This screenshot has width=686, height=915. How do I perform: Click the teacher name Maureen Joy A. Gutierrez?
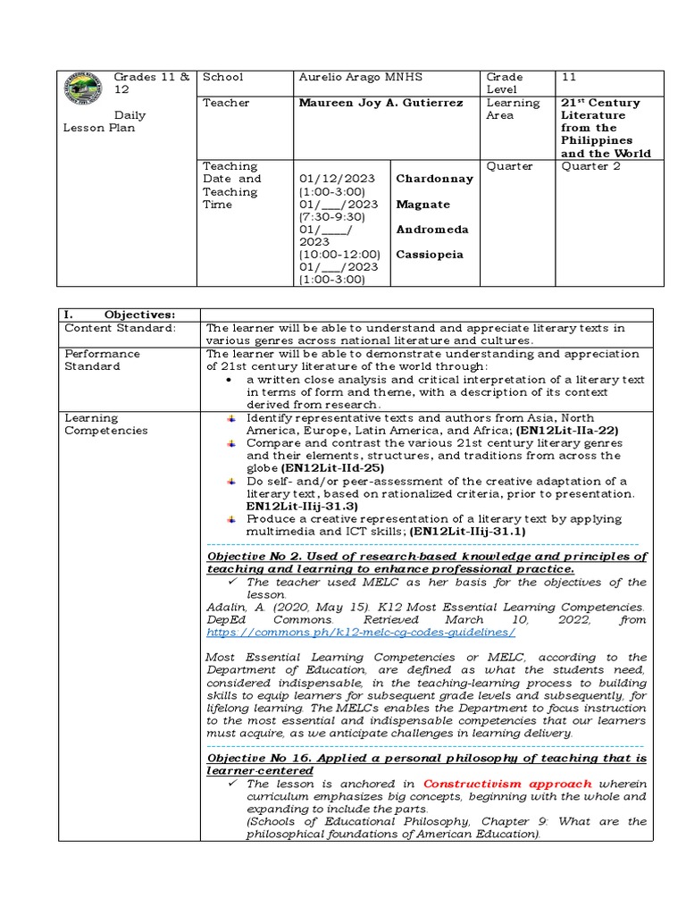[381, 103]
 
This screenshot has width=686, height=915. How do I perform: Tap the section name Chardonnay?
[434, 179]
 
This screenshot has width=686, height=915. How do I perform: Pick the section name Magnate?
[423, 205]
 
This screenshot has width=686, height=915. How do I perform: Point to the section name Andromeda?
[432, 230]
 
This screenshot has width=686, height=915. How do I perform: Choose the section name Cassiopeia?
[430, 255]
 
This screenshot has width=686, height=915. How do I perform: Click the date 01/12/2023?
[338, 179]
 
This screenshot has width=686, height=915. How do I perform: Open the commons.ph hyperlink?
[361, 632]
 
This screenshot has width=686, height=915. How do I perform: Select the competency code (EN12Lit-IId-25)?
[332, 467]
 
